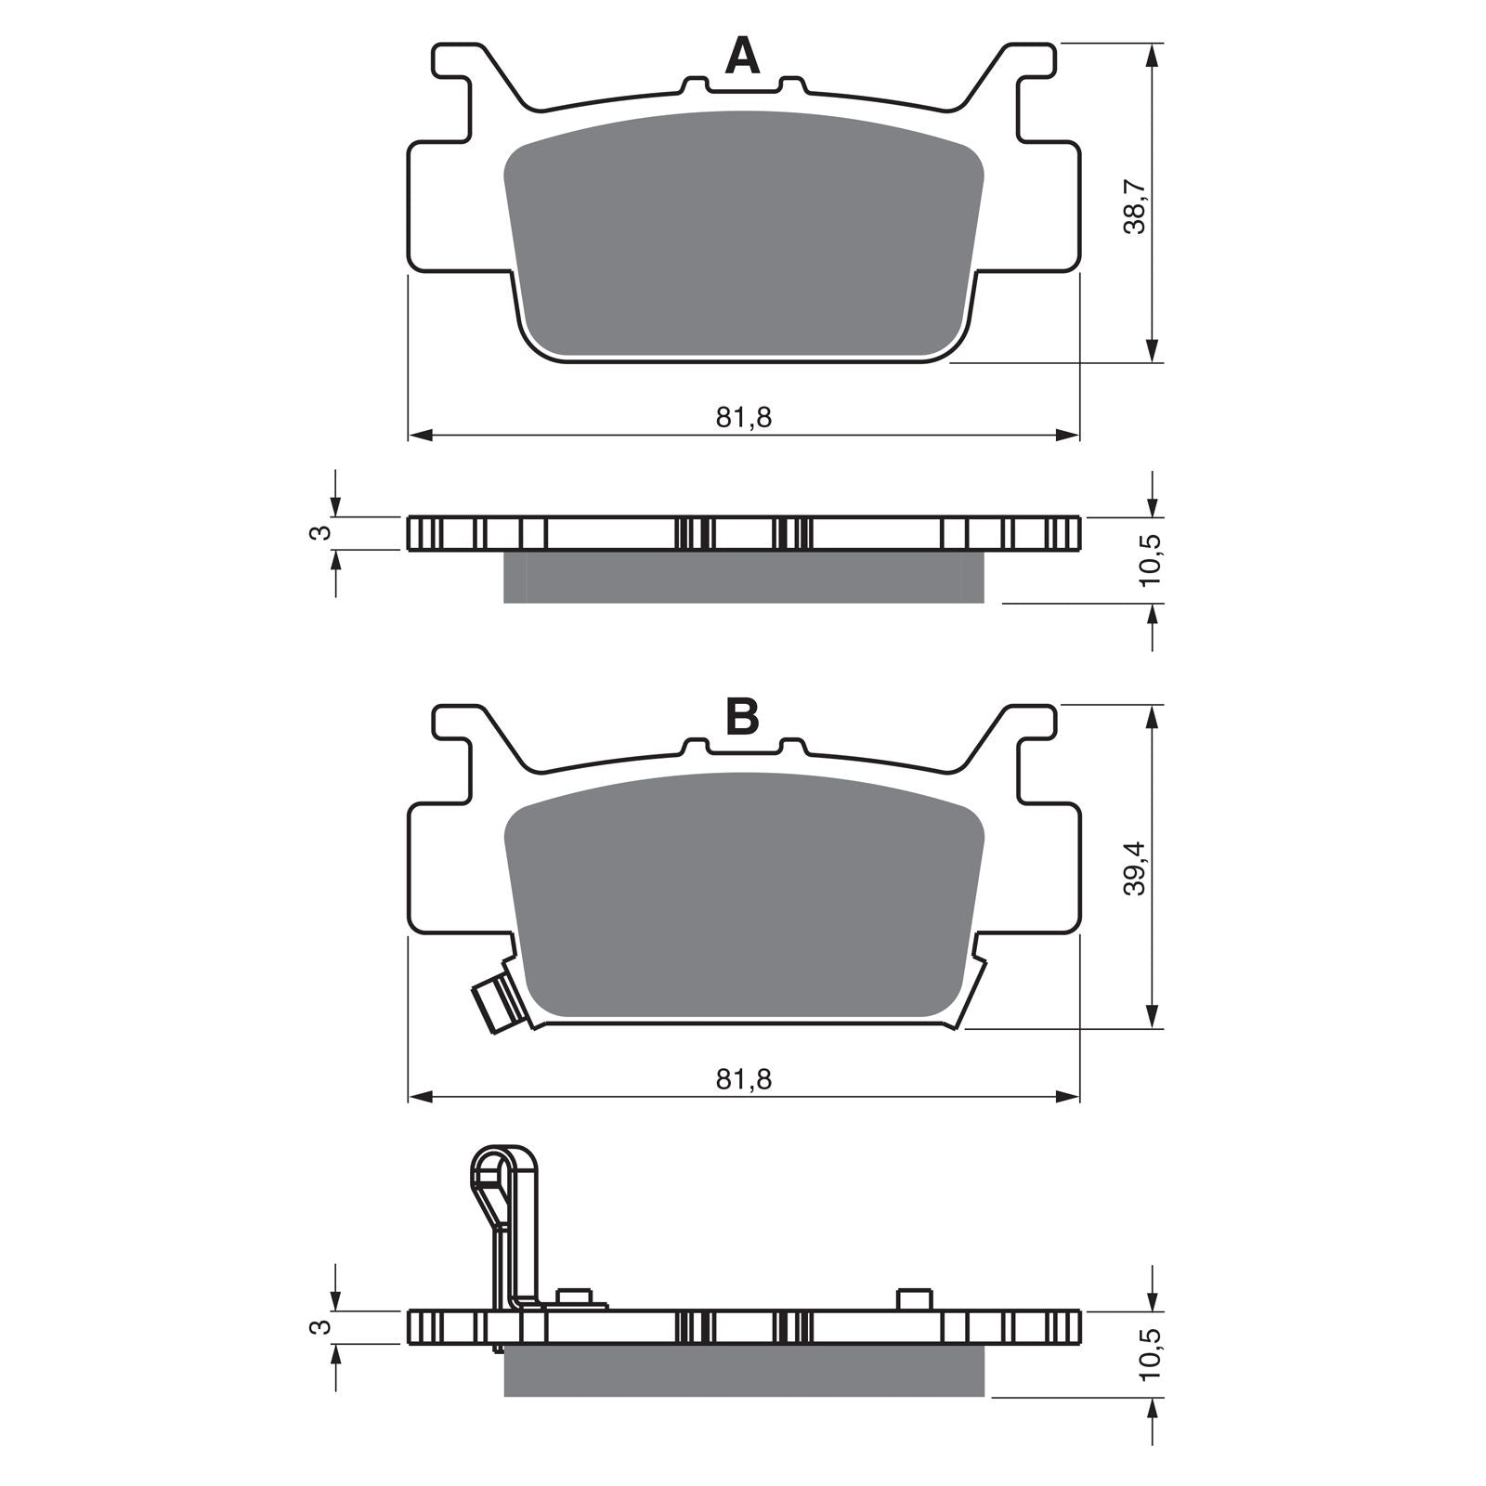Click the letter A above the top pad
pos(742,58)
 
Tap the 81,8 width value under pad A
pos(743,418)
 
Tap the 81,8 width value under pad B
pos(743,1078)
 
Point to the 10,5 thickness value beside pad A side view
pos(1152,560)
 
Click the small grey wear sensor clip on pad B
pos(493,999)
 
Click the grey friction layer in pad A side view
pos(743,578)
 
